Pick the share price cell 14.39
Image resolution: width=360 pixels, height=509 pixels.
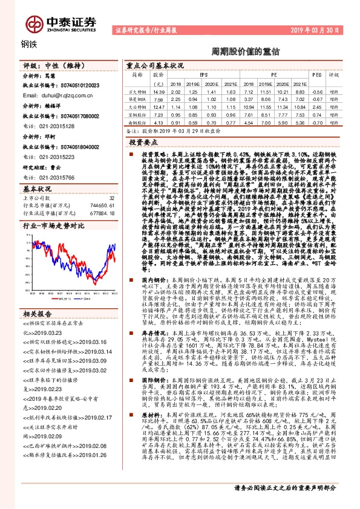[x=159, y=91]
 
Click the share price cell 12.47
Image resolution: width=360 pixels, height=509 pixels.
[x=159, y=105]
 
